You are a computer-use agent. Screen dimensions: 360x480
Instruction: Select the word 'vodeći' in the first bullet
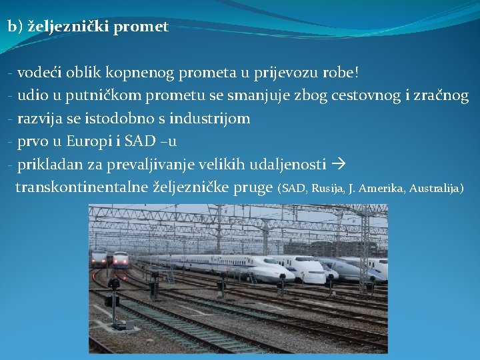tap(37, 72)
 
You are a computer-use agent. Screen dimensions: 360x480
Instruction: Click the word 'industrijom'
tap(209, 119)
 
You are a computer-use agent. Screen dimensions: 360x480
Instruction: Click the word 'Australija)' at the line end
tap(437, 189)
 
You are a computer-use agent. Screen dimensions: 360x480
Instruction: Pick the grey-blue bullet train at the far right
tap(371, 268)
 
